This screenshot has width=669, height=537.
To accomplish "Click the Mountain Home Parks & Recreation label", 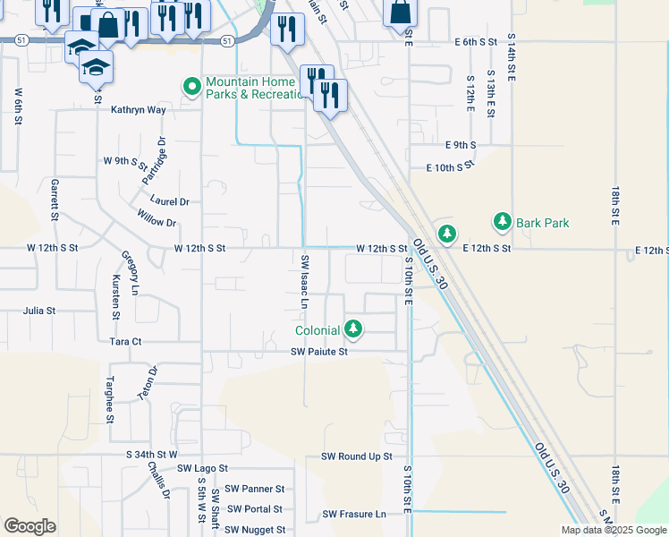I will coord(256,87).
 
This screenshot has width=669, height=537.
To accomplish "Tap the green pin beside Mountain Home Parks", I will coord(191,87).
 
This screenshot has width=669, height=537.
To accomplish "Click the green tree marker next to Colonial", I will coord(354,330).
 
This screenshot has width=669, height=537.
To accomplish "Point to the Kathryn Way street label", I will coord(139,110).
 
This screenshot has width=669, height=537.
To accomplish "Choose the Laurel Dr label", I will coord(171,201).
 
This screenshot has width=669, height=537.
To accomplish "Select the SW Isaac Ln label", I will coord(305,281).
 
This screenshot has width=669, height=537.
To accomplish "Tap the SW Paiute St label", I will coord(318,352).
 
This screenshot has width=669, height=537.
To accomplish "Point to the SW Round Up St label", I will coord(357,456).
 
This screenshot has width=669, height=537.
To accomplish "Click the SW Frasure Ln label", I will coord(354,514).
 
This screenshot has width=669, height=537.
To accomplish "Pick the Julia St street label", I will coord(39,311).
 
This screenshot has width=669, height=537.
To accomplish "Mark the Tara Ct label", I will coord(125,342).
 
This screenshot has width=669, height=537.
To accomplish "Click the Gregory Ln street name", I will coord(131,273).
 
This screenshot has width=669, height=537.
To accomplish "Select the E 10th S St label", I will coord(450,167).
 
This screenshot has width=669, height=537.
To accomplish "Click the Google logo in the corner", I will coord(30,526).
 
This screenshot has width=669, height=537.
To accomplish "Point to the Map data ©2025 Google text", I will coord(614,530).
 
